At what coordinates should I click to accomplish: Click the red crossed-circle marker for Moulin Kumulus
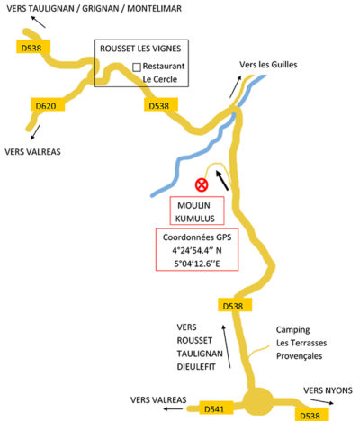tap(202, 185)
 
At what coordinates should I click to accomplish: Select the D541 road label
tap(216, 408)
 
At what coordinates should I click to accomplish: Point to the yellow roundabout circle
tap(258, 402)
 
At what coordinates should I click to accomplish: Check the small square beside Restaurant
tap(137, 67)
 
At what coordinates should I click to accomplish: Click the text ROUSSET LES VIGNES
tap(140, 49)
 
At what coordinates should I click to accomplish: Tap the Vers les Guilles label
tap(268, 65)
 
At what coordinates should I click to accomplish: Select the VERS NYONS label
tap(328, 390)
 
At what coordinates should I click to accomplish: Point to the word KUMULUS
tap(195, 219)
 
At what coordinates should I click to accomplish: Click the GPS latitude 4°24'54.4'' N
tap(197, 250)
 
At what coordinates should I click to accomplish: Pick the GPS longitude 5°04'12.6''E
tap(197, 264)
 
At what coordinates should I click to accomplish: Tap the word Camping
tap(292, 330)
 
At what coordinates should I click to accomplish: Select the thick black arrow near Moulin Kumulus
tap(222, 180)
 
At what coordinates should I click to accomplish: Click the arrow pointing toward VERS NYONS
tap(321, 401)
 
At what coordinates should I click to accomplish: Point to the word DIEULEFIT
tap(196, 367)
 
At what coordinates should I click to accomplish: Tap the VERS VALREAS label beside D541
tap(158, 399)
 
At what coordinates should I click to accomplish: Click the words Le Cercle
tap(160, 79)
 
